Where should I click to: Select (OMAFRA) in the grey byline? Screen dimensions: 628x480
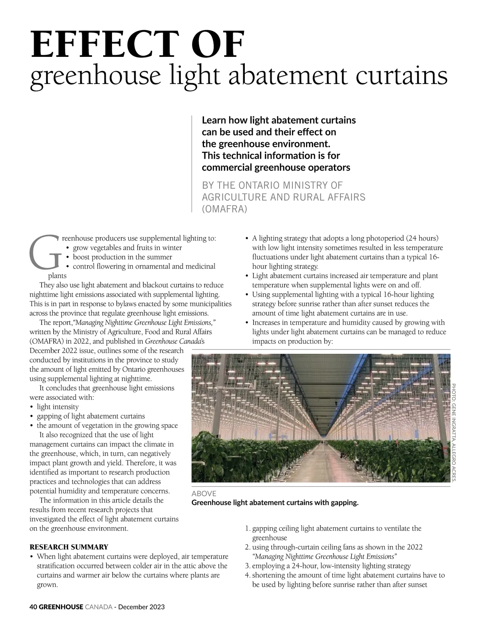tap(225, 209)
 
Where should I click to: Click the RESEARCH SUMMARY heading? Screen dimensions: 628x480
tap(69, 547)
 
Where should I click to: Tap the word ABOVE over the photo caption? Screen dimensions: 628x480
tap(204, 494)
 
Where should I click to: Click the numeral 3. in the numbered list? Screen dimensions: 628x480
tap(247, 566)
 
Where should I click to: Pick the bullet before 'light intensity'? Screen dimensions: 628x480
tap(32, 407)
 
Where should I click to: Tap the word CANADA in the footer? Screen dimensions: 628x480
tap(98, 607)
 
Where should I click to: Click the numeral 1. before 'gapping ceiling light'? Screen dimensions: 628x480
tap(247, 528)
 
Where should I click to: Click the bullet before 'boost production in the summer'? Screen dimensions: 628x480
tap(68, 257)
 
